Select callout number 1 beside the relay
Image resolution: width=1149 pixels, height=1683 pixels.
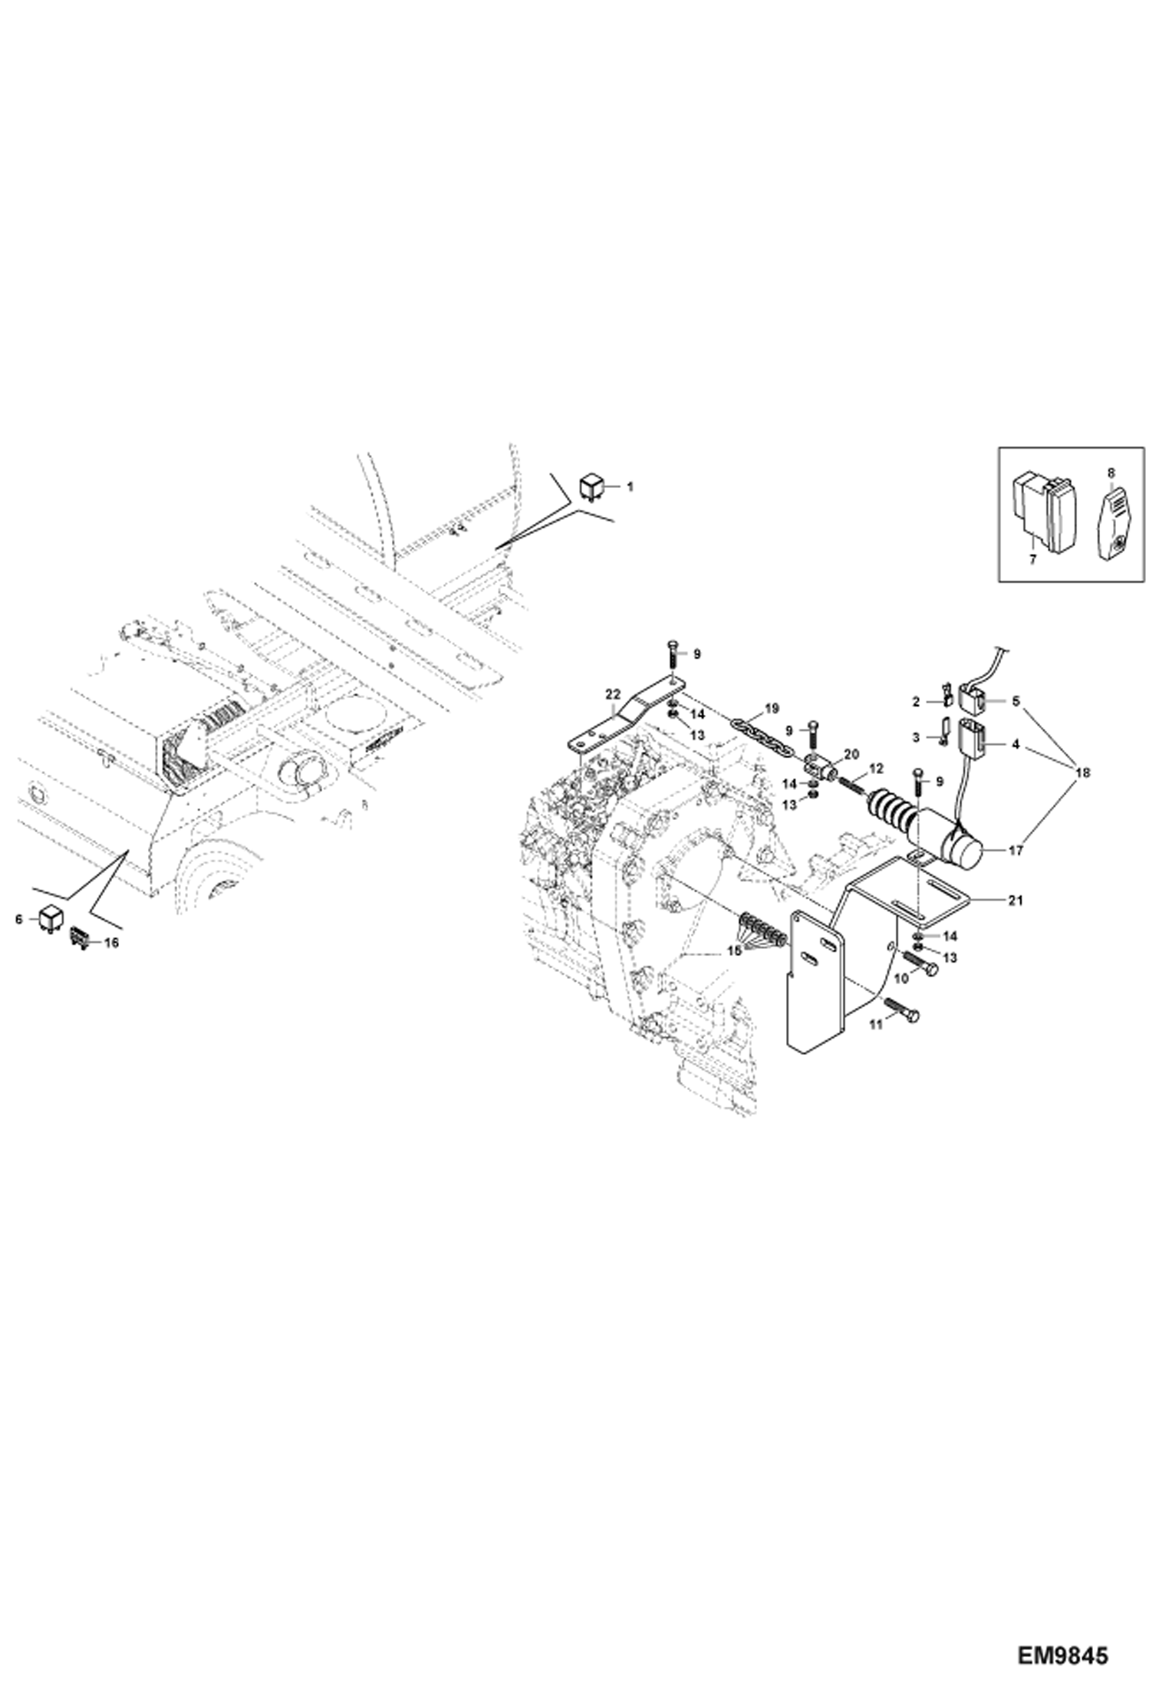[630, 486]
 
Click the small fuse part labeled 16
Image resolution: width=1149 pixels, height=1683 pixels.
[80, 937]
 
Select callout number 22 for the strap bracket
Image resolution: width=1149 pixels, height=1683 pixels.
[611, 693]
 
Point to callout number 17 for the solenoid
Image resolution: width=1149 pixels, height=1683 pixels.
[1017, 850]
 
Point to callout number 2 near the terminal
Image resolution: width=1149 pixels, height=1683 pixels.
[915, 701]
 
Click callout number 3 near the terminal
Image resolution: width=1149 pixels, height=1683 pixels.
[915, 737]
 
